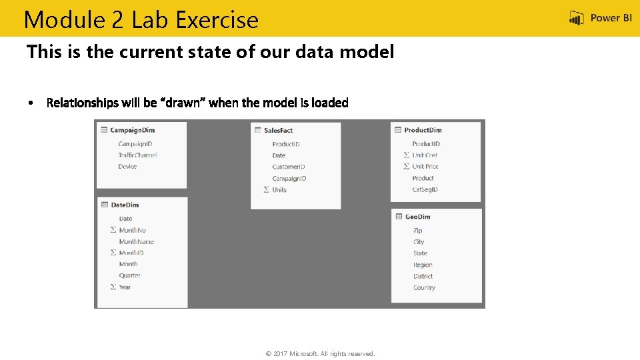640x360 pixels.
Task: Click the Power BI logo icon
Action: (x=577, y=19)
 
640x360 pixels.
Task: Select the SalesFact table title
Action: (x=278, y=131)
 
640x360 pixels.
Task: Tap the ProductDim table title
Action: (x=423, y=130)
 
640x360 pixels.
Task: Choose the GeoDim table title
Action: (x=417, y=217)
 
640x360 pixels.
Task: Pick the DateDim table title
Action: (x=125, y=205)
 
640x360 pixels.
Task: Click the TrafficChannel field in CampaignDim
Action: (x=137, y=155)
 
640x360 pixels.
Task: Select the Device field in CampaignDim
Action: (x=127, y=167)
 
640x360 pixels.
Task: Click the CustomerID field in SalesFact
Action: (x=289, y=167)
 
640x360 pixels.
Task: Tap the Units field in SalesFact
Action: (x=279, y=190)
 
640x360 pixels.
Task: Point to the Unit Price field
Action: (x=425, y=167)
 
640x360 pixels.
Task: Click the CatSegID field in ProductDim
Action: (x=425, y=189)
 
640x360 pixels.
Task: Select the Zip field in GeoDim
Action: (x=417, y=231)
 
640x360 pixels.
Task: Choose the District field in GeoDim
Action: (x=423, y=276)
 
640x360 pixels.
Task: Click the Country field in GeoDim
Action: (x=424, y=287)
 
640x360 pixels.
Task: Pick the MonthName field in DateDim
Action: (x=136, y=241)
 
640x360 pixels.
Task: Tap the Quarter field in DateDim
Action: (x=129, y=275)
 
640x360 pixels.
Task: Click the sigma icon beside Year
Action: (x=113, y=287)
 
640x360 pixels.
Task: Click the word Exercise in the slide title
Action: (x=217, y=20)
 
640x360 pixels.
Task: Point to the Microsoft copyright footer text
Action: (x=320, y=353)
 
